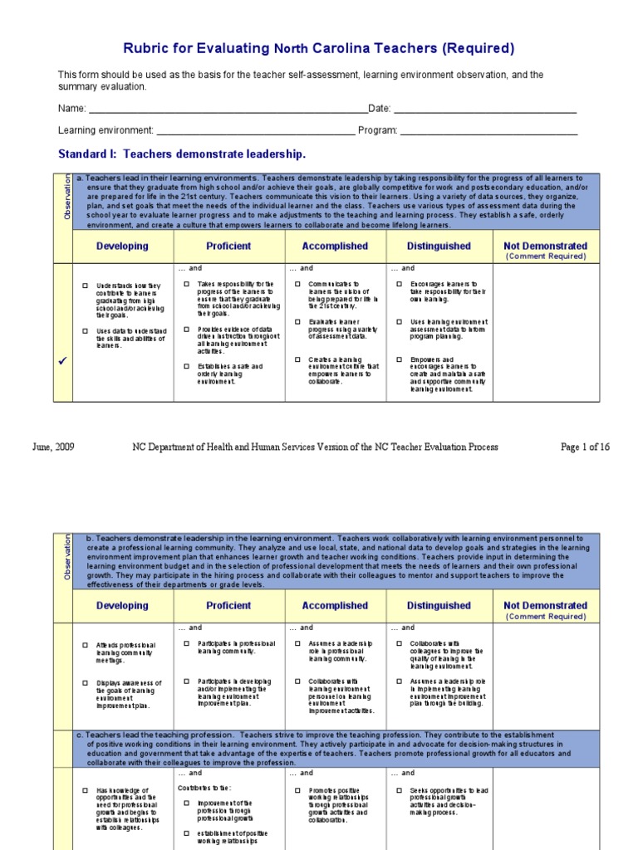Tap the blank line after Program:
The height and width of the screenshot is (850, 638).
(489, 131)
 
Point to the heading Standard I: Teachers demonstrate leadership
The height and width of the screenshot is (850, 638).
(182, 154)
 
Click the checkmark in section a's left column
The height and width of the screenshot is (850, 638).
(63, 359)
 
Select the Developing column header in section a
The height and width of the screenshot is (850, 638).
(122, 247)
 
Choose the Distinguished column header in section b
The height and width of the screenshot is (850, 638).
(439, 606)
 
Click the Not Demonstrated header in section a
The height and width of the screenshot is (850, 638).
(545, 247)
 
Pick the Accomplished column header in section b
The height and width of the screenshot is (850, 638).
(335, 606)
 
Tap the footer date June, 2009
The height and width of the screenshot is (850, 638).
(54, 447)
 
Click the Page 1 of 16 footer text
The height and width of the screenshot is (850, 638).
(585, 447)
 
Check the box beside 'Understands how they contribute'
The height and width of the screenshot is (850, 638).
(85, 286)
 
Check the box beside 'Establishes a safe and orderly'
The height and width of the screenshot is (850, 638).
(187, 366)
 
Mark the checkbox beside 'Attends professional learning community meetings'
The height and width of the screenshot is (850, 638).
(85, 645)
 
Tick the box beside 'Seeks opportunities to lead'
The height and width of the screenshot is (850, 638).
(400, 790)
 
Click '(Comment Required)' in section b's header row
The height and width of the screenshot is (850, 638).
(545, 617)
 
